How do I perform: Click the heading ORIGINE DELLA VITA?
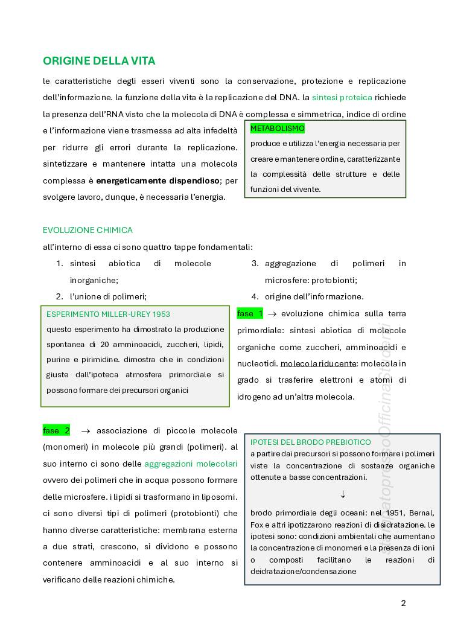pyautogui.click(x=99, y=61)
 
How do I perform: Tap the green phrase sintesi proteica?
pyautogui.click(x=342, y=97)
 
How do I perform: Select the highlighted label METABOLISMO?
pyautogui.click(x=278, y=129)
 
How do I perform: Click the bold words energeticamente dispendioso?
pyautogui.click(x=158, y=180)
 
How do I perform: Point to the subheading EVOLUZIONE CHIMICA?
pyautogui.click(x=88, y=230)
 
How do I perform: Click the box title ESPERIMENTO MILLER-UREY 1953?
pyautogui.click(x=108, y=314)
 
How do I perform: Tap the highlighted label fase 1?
pyautogui.click(x=250, y=314)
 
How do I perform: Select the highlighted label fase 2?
pyautogui.click(x=56, y=430)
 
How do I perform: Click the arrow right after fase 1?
pyautogui.click(x=272, y=314)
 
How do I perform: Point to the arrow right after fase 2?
pyautogui.click(x=85, y=431)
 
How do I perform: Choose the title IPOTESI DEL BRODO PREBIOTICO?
pyautogui.click(x=310, y=442)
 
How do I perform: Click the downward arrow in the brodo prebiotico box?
pyautogui.click(x=343, y=494)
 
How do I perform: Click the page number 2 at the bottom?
pyautogui.click(x=404, y=603)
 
